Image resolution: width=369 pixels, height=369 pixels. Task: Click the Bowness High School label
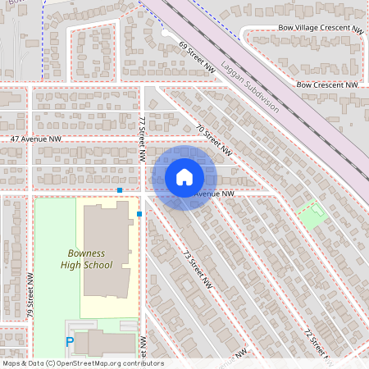(86, 259)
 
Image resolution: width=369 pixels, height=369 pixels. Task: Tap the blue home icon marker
(184, 177)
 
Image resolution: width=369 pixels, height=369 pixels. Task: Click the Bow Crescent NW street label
(327, 84)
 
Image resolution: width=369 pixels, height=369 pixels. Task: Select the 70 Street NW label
(215, 139)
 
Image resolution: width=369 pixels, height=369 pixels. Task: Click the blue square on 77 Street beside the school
(139, 214)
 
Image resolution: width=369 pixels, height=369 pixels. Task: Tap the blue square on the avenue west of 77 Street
(120, 190)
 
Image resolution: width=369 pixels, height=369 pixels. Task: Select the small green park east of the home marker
(312, 216)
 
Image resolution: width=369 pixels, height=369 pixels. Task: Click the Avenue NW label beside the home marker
(216, 194)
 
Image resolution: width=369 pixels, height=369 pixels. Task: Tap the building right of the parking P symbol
(107, 342)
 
